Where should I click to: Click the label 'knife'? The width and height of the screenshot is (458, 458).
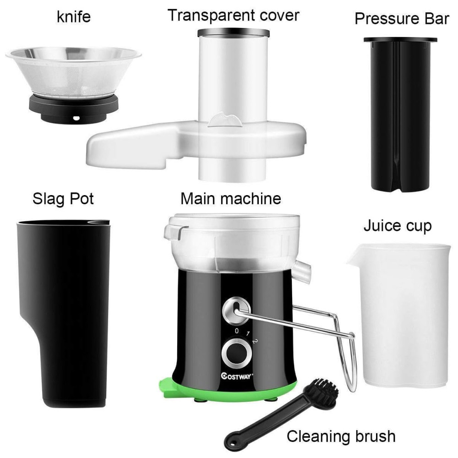pos(74,16)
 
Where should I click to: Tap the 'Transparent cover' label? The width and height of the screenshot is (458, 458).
pos(234,15)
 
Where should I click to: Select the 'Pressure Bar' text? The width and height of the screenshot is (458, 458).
pos(402,19)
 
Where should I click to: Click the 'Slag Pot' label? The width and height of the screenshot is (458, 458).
pos(63,199)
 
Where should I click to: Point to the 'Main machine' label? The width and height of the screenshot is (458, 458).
pos(231,199)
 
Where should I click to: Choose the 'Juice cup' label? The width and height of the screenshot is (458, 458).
pos(398,226)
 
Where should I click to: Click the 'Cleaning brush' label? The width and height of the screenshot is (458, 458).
pos(341,436)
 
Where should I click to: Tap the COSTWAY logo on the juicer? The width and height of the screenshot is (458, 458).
pos(236,376)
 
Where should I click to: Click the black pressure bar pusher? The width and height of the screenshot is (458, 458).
pos(400,114)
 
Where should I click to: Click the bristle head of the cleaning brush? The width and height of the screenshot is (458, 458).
pos(321,393)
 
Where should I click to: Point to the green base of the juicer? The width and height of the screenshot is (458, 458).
pos(228,390)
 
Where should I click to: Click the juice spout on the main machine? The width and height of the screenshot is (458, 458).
pos(303,272)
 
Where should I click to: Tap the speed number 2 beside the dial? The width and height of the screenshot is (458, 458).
pos(255,341)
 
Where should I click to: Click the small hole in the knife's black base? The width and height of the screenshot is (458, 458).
pos(76,118)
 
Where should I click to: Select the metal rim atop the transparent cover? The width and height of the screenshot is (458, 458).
pos(234,33)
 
